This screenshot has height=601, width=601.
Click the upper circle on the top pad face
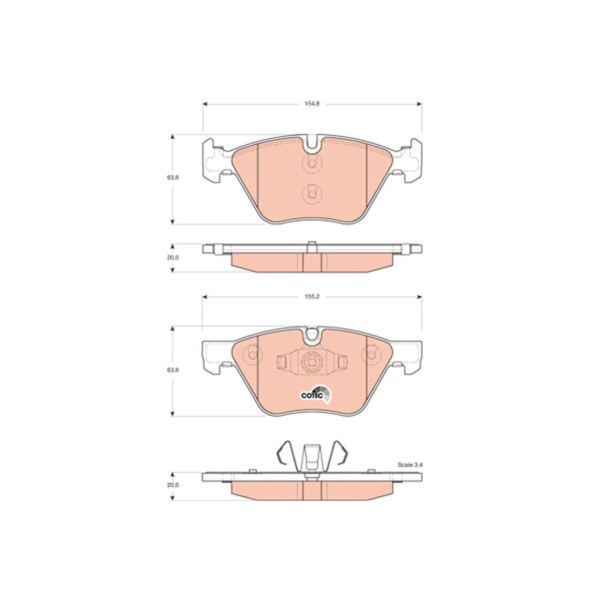(311, 164)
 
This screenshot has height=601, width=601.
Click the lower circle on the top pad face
(311, 194)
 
